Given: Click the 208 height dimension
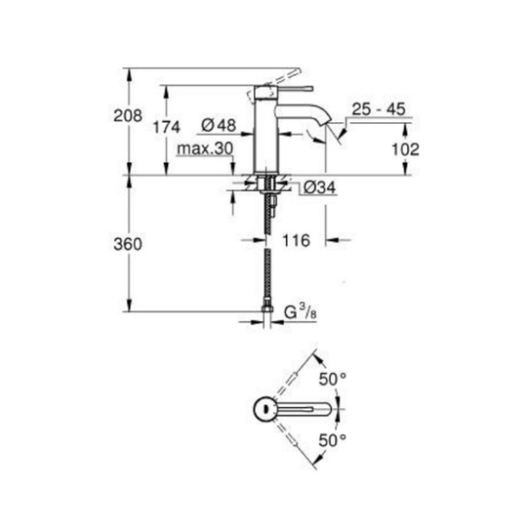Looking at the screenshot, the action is [128, 116].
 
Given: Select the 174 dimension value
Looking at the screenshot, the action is [166, 128].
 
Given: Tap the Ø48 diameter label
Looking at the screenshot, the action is [218, 126].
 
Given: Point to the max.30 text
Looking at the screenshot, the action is [205, 148].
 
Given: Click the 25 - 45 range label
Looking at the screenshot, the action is [378, 109].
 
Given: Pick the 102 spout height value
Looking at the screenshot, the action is [405, 149].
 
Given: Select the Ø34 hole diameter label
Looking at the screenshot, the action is [319, 187].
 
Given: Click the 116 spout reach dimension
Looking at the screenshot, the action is [296, 241].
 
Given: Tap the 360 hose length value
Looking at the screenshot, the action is [128, 244].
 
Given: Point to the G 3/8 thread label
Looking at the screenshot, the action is [300, 313].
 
